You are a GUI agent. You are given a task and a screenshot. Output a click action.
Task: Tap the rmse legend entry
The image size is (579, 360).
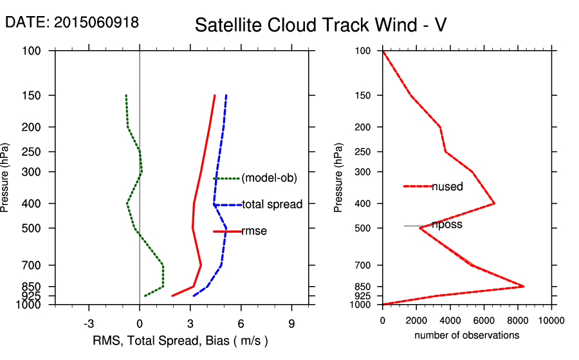(x=253, y=231)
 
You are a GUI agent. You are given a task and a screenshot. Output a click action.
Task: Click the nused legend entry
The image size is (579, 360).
(x=446, y=186)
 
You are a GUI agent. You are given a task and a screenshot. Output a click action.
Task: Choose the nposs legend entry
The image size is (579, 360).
(x=446, y=225)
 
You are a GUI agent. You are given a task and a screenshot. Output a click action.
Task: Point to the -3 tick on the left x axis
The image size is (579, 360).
(x=89, y=323)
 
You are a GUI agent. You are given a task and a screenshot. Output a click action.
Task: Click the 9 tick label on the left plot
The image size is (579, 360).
(x=291, y=323)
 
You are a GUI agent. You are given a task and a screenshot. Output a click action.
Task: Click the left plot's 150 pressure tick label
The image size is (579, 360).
(x=33, y=96)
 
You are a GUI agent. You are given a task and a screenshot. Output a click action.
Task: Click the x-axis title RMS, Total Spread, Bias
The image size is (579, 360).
(x=180, y=340)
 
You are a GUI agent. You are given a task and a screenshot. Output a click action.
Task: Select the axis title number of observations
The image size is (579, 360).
(x=466, y=335)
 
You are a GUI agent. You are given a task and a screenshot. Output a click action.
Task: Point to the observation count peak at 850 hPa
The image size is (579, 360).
(x=524, y=286)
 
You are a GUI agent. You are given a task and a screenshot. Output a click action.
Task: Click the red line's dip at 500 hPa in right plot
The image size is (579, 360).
(x=420, y=228)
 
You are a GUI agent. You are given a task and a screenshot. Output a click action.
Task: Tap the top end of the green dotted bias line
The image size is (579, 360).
(x=126, y=96)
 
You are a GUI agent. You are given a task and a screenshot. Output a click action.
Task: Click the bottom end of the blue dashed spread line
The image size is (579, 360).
(x=194, y=296)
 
